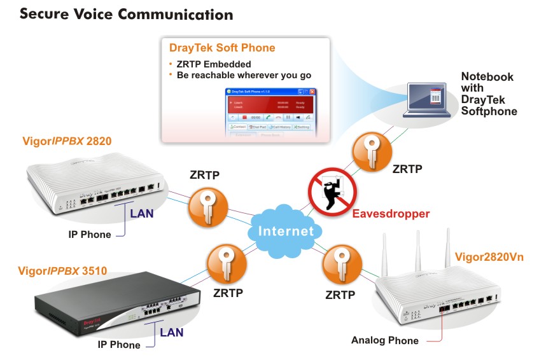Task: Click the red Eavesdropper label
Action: pos(391,214)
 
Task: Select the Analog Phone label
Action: pos(384,340)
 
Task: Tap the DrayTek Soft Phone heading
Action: pos(222,48)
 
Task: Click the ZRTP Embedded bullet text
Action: pos(214,64)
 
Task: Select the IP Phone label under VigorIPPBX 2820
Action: pos(90,235)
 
